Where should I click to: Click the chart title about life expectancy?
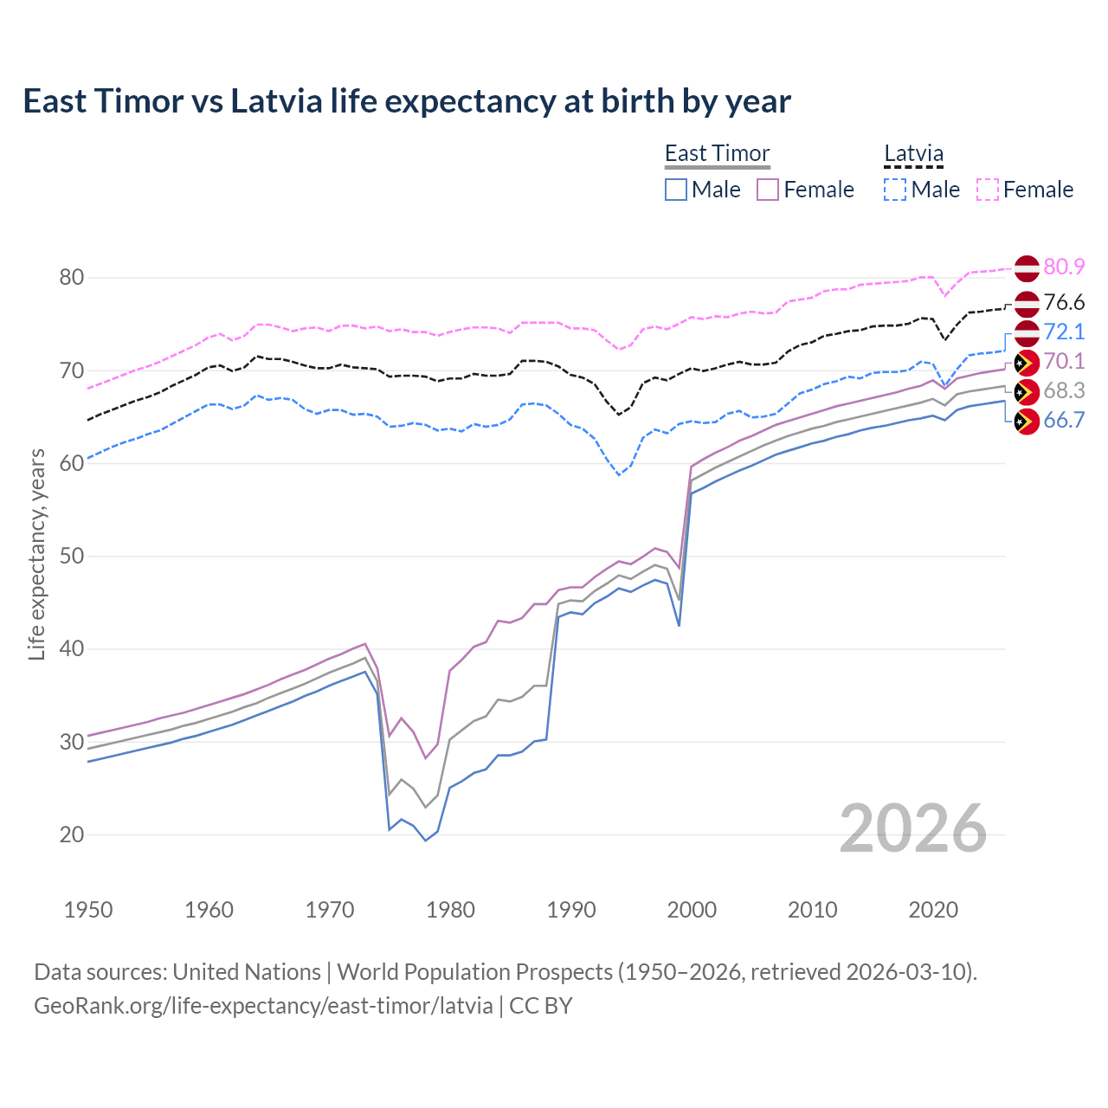407,101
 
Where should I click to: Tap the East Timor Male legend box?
676,190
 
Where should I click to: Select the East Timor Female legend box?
768,190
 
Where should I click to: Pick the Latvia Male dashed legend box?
895,190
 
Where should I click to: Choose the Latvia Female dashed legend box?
988,190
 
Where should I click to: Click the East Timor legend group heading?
717,153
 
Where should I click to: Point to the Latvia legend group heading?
913,153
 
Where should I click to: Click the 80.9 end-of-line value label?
1064,267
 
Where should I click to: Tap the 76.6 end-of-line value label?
1064,303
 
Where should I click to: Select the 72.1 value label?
1064,332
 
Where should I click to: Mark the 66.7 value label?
1064,421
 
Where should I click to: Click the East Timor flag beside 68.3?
1026,392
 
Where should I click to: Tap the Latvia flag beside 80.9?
1026,268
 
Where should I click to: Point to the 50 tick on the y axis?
72,556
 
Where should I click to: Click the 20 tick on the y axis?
72,834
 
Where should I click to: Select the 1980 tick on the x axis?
451,910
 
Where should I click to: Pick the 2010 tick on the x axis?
812,910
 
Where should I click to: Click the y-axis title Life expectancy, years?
37,554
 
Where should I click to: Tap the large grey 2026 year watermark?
913,828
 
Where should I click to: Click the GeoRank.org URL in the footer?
263,1006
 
